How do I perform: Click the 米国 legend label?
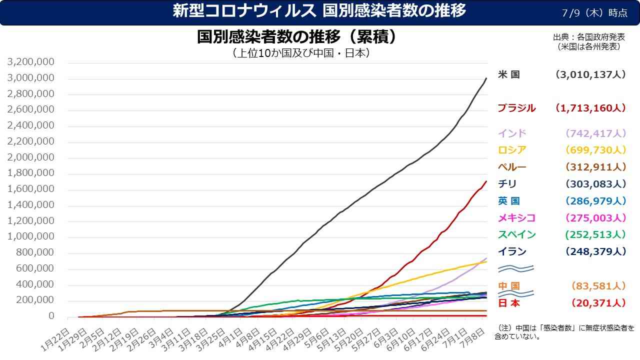(x=509, y=74)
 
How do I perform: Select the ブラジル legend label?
(x=516, y=108)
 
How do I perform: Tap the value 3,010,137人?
(x=590, y=74)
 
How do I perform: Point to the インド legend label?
(x=512, y=133)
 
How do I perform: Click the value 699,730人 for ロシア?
(x=595, y=150)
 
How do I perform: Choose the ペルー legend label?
(x=512, y=167)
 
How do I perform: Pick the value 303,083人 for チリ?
(x=595, y=183)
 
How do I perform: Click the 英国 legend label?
(x=509, y=201)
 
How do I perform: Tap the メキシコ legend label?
(x=516, y=217)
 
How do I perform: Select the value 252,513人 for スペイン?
(x=595, y=234)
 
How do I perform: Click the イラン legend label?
(x=512, y=251)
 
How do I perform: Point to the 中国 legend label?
(x=509, y=285)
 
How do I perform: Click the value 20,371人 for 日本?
(x=598, y=303)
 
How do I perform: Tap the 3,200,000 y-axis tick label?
(x=30, y=61)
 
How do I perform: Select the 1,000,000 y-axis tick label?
(x=30, y=236)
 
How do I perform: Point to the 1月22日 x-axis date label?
(x=55, y=340)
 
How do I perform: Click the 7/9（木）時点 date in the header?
(x=594, y=13)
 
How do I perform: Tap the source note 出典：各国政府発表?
(x=589, y=37)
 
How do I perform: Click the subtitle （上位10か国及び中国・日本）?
(x=301, y=53)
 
